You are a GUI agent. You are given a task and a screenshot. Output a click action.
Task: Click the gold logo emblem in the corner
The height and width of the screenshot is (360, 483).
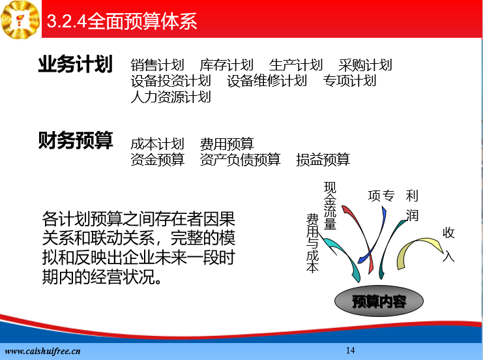pyautogui.click(x=20, y=20)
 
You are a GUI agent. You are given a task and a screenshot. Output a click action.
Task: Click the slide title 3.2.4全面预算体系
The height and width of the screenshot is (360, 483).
pyautogui.click(x=122, y=21)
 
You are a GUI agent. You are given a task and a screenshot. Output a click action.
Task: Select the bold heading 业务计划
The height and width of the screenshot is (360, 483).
pyautogui.click(x=75, y=64)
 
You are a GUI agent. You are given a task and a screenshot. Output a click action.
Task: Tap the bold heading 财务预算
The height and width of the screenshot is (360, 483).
pyautogui.click(x=76, y=140)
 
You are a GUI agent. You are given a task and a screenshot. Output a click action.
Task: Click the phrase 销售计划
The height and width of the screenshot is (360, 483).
pyautogui.click(x=157, y=65)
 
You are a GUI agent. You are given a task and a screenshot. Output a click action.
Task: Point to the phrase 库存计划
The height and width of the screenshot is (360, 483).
pyautogui.click(x=226, y=65)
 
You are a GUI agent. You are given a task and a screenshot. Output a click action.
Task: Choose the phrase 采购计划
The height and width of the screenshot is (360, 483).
pyautogui.click(x=365, y=65)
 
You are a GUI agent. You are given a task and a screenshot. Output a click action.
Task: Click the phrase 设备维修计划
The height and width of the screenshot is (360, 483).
pyautogui.click(x=267, y=81)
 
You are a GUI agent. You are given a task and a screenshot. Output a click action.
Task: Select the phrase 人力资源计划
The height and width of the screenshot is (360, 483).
pyautogui.click(x=171, y=97)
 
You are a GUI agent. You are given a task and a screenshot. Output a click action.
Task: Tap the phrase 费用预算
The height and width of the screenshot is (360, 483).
pyautogui.click(x=227, y=144)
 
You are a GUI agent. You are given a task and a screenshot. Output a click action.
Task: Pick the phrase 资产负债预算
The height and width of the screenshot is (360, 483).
pyautogui.click(x=241, y=160)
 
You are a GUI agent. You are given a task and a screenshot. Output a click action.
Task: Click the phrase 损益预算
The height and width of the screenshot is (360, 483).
pyautogui.click(x=323, y=160)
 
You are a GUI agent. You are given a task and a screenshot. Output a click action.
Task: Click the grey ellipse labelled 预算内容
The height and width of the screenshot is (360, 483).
pyautogui.click(x=379, y=301)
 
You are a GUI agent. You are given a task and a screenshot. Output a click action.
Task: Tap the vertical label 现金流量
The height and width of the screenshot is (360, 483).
pyautogui.click(x=330, y=205)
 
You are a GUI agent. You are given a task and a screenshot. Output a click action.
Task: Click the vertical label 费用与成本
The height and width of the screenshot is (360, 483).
pyautogui.click(x=312, y=243)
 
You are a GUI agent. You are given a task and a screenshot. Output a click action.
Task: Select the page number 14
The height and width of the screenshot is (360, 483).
pyautogui.click(x=350, y=350)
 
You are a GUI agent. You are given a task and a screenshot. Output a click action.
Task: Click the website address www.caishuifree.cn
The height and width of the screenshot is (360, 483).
pyautogui.click(x=43, y=351)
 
